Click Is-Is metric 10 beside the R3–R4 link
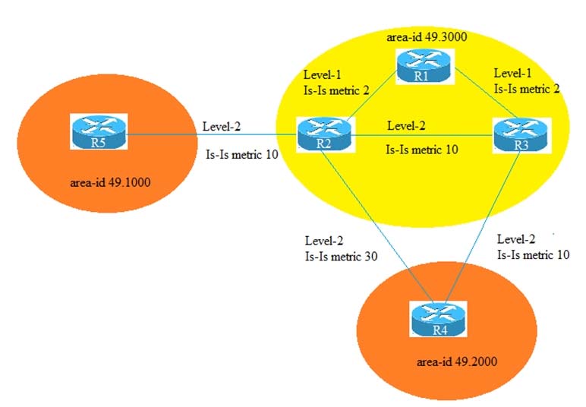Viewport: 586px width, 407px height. [x=533, y=255]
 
